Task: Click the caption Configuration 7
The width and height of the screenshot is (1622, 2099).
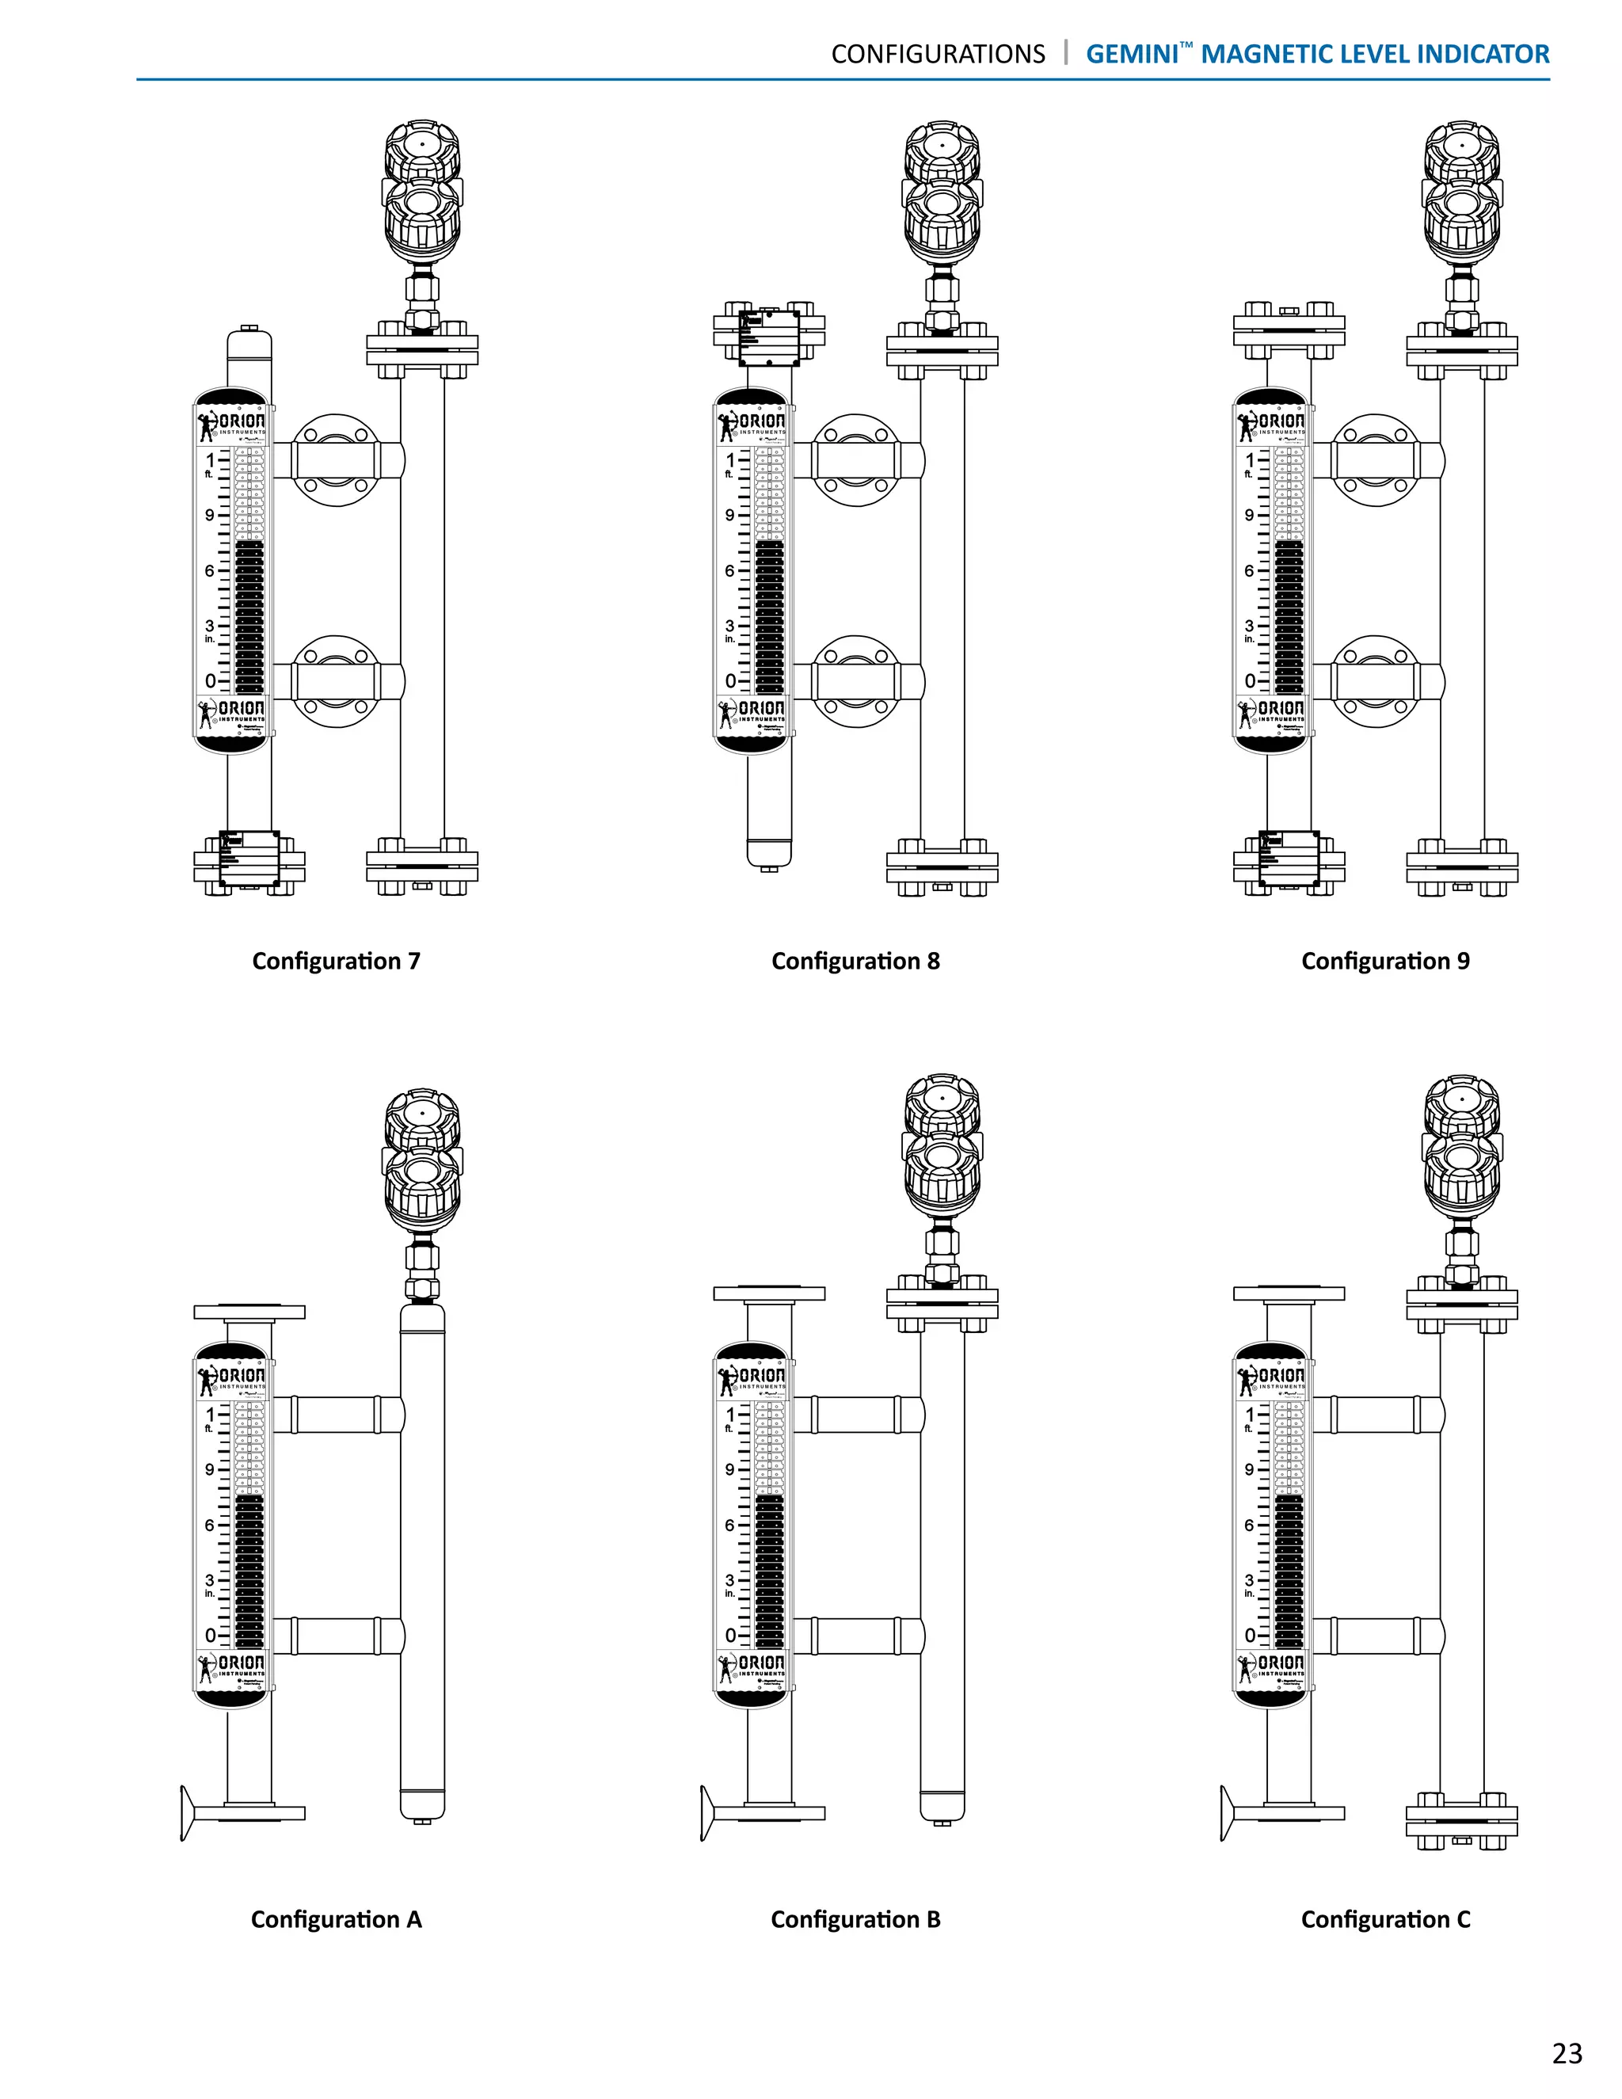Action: pos(337,961)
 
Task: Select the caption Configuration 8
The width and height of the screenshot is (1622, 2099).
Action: pos(855,961)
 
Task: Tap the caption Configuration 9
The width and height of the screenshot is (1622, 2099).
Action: pos(1384,961)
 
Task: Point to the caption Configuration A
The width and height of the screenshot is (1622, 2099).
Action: pos(337,1919)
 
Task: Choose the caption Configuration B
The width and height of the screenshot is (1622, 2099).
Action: pos(855,1919)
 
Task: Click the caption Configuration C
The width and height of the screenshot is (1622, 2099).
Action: pos(1384,1919)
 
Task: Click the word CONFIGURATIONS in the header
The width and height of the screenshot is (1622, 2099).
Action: pos(938,54)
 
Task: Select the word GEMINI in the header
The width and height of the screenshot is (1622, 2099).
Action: pos(1132,54)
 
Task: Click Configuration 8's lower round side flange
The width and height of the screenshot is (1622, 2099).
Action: pos(855,681)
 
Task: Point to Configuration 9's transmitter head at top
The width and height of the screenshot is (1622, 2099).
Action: pos(1461,192)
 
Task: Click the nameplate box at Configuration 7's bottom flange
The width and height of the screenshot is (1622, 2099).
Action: pos(249,859)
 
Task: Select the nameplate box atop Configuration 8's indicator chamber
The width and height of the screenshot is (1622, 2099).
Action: pos(769,337)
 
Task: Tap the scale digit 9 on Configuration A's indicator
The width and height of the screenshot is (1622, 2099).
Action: pos(209,1469)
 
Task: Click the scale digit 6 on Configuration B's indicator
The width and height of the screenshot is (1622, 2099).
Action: pos(729,1526)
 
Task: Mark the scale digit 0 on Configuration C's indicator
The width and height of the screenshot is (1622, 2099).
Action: pos(1249,1635)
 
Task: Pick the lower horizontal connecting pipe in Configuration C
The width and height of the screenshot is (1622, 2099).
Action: pos(1375,1635)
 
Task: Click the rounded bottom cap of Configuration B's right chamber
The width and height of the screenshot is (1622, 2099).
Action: pos(942,1806)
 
